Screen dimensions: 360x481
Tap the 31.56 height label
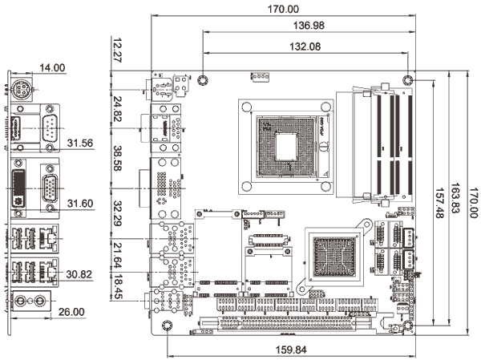[x=80, y=143]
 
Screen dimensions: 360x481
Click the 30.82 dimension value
[x=80, y=274]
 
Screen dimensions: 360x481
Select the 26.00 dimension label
[x=73, y=311]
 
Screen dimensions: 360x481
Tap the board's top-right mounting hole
[x=409, y=79]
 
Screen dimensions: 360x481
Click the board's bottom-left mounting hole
[x=167, y=326]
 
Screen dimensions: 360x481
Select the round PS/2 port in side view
[x=21, y=91]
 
